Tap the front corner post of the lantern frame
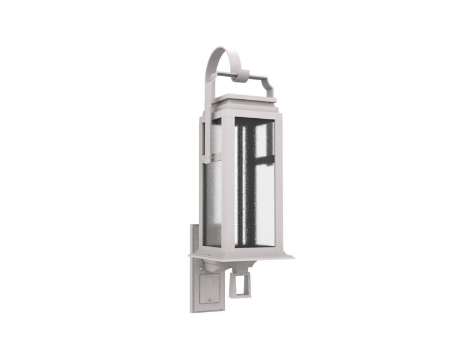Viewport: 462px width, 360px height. click(228, 185)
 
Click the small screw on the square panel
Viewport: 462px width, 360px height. click(208, 299)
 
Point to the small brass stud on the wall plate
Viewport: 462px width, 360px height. click(200, 267)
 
